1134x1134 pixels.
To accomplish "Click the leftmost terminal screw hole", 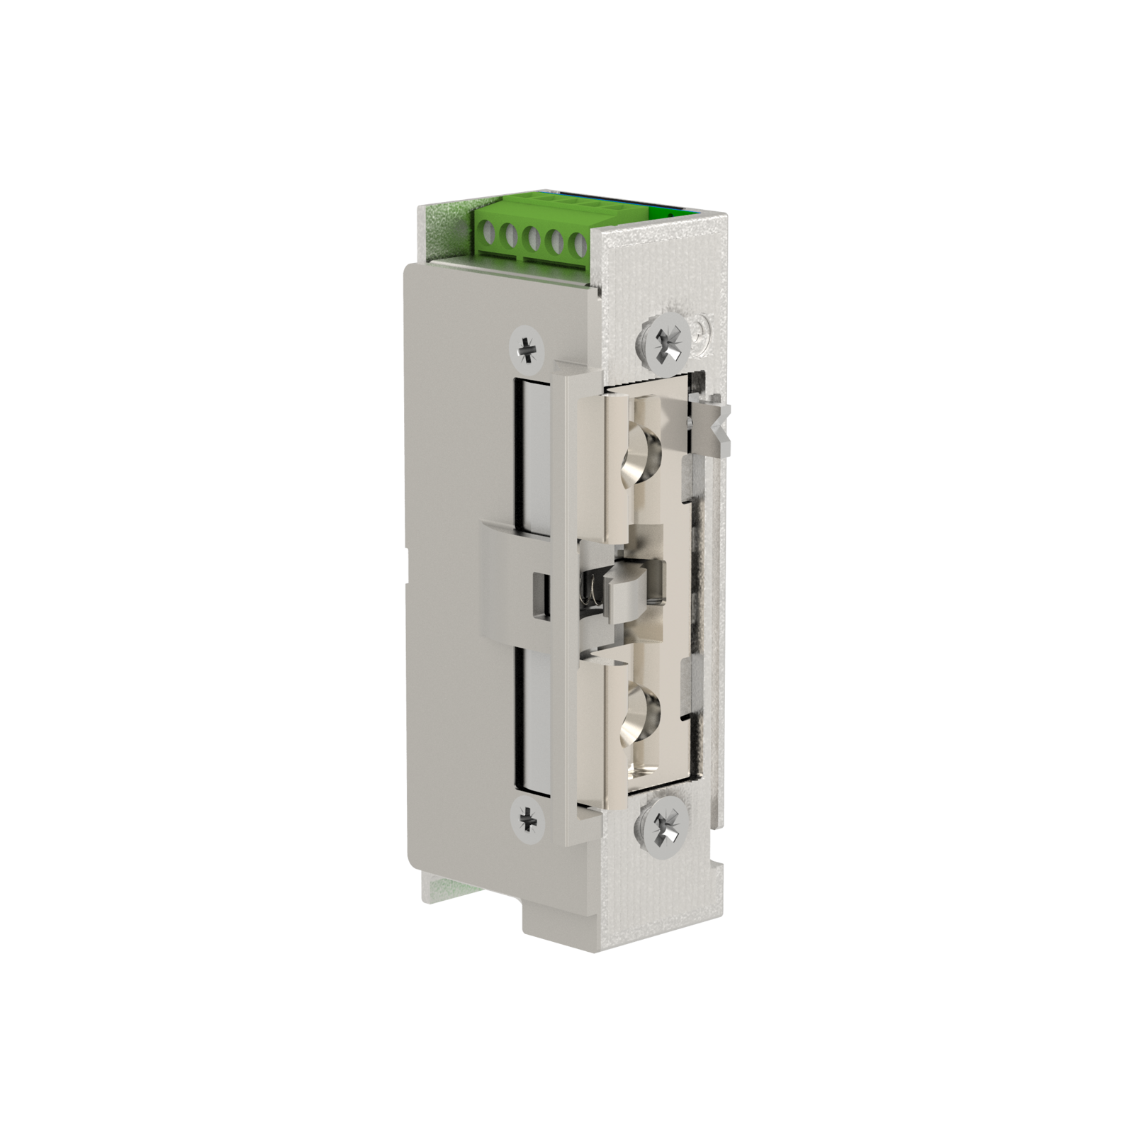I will coord(487,232).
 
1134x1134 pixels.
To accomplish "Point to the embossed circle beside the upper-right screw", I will coord(701,331).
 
